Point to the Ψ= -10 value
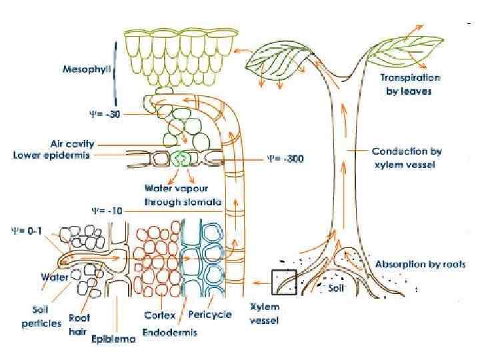[x=105, y=210]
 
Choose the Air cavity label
[x=73, y=143]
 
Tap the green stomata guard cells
[x=180, y=159]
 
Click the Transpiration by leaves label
[x=410, y=84]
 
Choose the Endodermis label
[x=170, y=332]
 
